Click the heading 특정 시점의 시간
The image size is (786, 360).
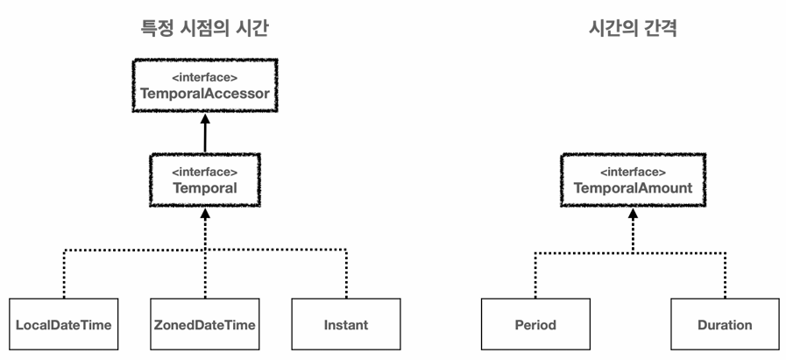click(x=204, y=29)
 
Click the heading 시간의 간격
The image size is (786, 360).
click(x=634, y=29)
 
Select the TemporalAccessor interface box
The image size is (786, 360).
click(x=205, y=86)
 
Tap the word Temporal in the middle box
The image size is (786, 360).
click(x=204, y=188)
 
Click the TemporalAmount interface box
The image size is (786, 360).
click(x=634, y=180)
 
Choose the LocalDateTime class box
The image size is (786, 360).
click(x=64, y=324)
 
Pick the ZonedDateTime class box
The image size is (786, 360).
click(x=204, y=324)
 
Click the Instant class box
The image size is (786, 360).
click(x=346, y=324)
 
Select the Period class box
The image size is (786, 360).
click(x=535, y=324)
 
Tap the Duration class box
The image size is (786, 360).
click(x=725, y=324)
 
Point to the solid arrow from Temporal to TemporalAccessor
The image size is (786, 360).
click(x=204, y=133)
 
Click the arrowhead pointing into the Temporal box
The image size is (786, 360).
click(x=204, y=214)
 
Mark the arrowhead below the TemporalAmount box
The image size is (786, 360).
click(x=634, y=214)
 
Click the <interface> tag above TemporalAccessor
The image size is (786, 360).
click(x=204, y=78)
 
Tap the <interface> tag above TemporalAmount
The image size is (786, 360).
click(x=634, y=172)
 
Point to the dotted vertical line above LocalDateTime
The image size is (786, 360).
click(x=64, y=274)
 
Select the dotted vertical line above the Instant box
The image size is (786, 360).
click(x=346, y=274)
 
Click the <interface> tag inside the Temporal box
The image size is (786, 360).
click(x=204, y=172)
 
